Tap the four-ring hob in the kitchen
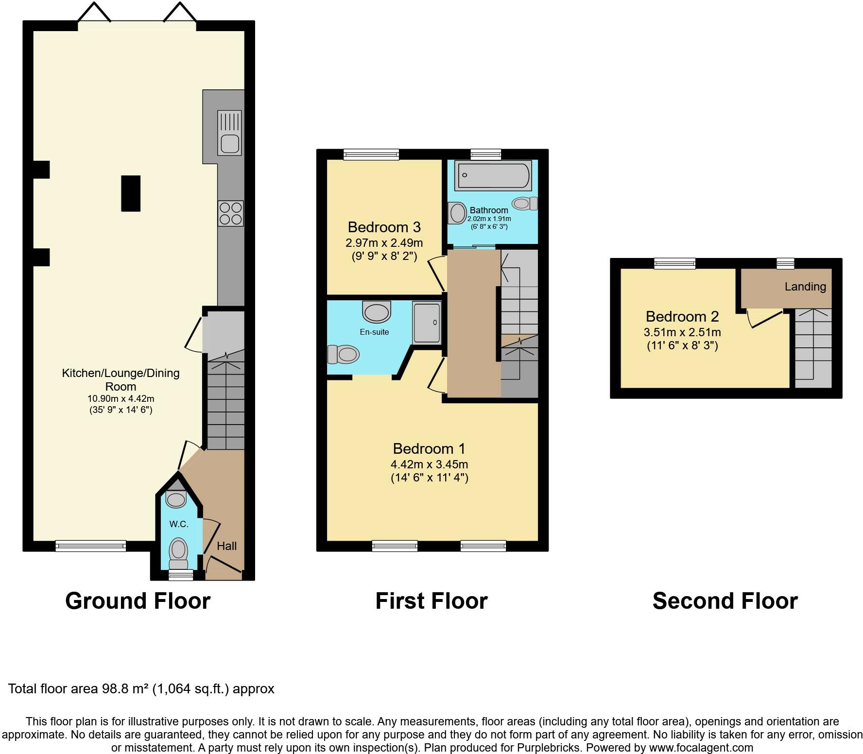coord(230,213)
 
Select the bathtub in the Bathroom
coord(492,176)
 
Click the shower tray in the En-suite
coord(427,322)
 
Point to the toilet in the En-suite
coord(344,354)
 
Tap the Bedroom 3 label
coord(384,227)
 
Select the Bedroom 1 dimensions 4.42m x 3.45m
coord(429,464)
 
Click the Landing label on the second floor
coord(805,287)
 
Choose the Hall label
coord(226,546)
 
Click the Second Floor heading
coord(725,601)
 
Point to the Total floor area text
coord(141,689)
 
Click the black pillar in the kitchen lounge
coord(130,193)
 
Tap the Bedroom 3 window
coord(371,154)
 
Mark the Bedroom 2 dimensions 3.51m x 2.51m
coord(682,332)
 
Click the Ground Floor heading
coord(138,601)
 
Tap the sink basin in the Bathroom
coord(457,213)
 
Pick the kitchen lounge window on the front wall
coord(90,546)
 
